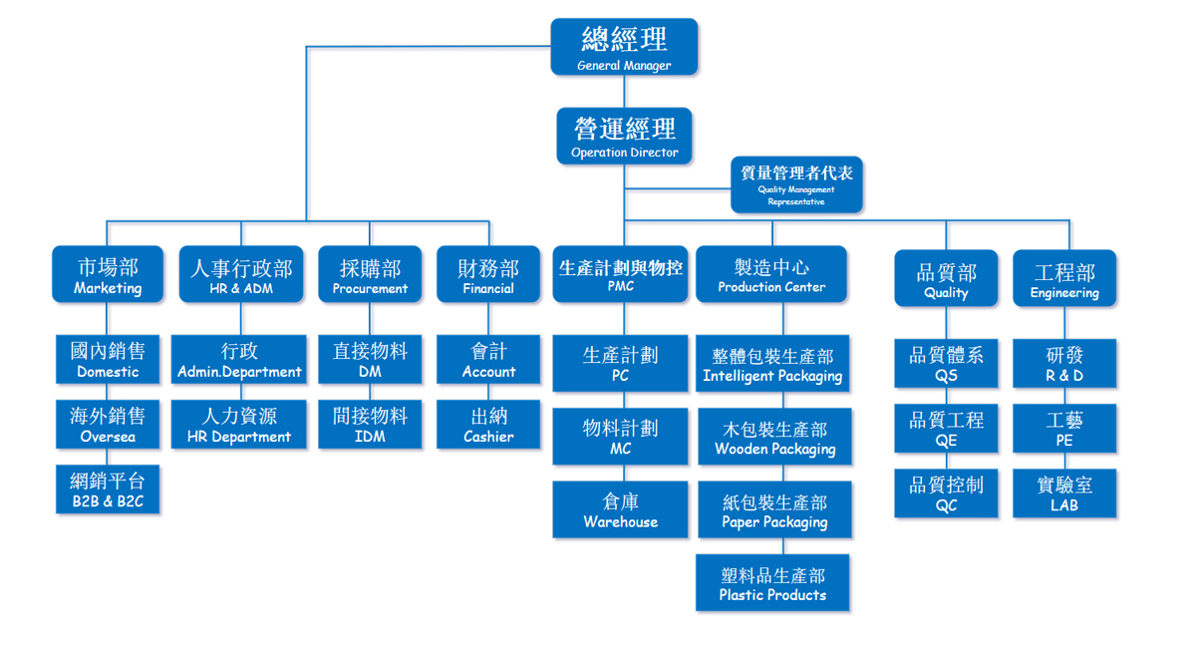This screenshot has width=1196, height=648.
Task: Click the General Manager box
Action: coord(624,47)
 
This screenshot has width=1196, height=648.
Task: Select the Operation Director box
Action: coord(624,137)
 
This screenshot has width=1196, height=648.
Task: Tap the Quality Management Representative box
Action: coord(796,184)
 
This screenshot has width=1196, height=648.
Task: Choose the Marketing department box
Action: coord(108,275)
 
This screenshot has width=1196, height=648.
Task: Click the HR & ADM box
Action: coord(241,275)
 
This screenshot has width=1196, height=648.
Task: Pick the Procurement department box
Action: coord(370,275)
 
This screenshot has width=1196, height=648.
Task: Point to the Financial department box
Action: coord(488,275)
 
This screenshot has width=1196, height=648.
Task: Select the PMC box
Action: coord(621,275)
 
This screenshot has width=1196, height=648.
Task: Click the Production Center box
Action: coord(771,275)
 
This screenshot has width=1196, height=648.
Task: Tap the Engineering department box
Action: coord(1064,278)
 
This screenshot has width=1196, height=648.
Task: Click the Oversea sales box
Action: coord(108,425)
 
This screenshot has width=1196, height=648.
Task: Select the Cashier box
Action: coord(488,425)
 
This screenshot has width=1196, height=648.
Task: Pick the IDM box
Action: coord(370,425)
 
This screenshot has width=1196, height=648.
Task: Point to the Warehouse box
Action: coord(621,510)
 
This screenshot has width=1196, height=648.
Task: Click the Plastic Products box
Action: coord(772,583)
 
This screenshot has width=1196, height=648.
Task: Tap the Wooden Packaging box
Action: coord(774,438)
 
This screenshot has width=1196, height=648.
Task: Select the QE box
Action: coord(946,429)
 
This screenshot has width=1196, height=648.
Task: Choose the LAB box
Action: coord(1064,493)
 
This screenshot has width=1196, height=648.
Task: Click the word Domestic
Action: coord(108,372)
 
